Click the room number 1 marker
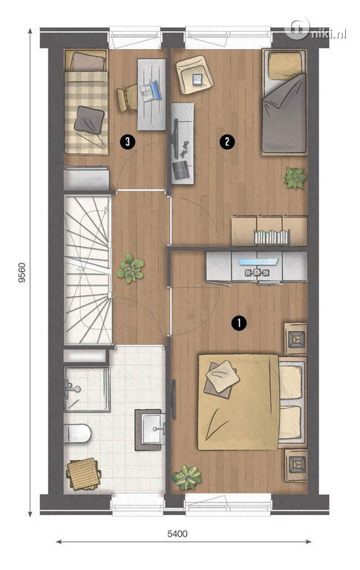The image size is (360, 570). tap(238, 323)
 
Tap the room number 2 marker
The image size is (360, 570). tap(227, 141)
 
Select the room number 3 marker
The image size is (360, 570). tap(127, 141)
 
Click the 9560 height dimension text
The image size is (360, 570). tap(22, 273)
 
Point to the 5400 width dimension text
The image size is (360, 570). tap(177, 534)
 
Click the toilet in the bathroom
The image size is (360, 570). tap(77, 433)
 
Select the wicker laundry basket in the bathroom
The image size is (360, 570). tap(84, 474)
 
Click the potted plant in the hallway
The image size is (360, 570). tap(130, 269)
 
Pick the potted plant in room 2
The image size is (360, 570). tap(295, 178)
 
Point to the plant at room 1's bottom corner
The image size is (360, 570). tap(186, 477)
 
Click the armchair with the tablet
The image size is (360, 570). tap(194, 74)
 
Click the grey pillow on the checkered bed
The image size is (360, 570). tap(89, 119)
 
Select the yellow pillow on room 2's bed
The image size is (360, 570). tap(286, 65)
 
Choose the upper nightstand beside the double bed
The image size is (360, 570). tap(295, 338)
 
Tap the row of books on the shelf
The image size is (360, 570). tap(272, 237)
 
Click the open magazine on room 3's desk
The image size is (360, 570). tap(151, 91)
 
